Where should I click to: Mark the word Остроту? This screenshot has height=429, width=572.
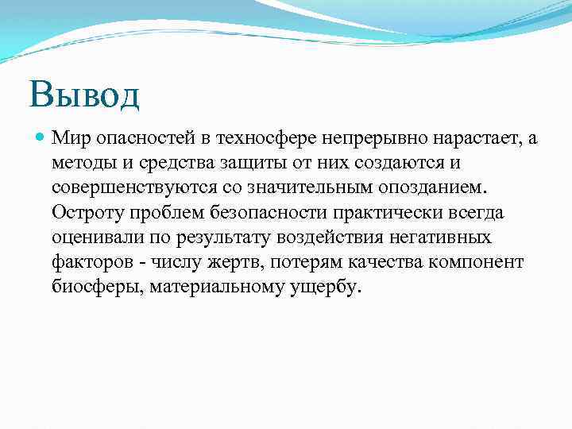(x=83, y=212)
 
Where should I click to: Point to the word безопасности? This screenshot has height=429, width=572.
(x=256, y=212)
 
